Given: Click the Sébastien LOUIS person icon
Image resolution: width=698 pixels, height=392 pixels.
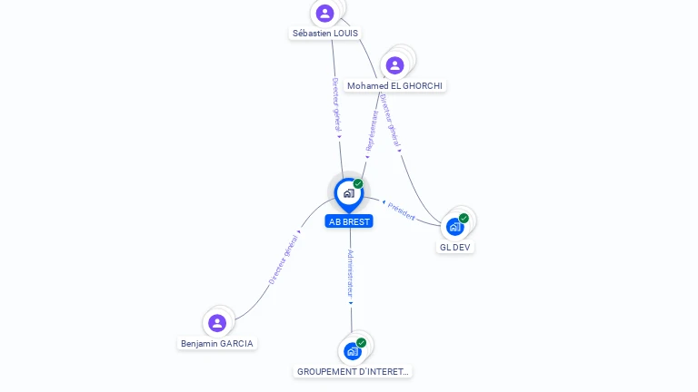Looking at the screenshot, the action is (x=325, y=14).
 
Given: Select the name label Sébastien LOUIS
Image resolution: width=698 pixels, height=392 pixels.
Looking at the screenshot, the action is (x=325, y=34).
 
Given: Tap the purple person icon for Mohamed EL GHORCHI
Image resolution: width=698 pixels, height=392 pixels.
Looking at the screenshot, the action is (x=394, y=65).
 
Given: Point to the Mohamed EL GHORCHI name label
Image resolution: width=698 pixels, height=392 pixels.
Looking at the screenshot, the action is (x=394, y=86).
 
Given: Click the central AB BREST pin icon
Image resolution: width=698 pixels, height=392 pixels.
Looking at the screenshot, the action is (x=349, y=195).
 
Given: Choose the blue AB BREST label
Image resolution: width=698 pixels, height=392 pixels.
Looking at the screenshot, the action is (x=349, y=221).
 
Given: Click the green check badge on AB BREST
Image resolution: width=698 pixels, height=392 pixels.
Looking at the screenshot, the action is (x=358, y=183).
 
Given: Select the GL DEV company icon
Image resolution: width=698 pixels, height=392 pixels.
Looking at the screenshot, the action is (x=454, y=227).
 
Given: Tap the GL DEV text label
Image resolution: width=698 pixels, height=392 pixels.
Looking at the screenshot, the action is (x=455, y=247).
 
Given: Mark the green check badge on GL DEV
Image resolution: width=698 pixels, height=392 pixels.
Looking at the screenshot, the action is (x=464, y=218).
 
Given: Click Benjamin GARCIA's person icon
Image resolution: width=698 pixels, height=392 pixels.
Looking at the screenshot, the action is (x=217, y=323).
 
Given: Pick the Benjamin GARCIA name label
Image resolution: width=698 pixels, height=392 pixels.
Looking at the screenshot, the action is (x=217, y=344).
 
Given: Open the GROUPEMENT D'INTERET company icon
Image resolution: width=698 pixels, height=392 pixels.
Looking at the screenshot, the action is (x=352, y=351).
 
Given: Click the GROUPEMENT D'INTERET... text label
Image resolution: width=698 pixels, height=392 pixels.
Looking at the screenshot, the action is (x=353, y=371).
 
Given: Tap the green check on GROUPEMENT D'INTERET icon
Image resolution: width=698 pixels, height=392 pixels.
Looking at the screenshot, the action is (x=361, y=343).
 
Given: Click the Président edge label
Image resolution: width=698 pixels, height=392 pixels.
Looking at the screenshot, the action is (x=401, y=211).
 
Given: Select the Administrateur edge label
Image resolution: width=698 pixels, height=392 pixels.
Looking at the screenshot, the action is (x=350, y=274).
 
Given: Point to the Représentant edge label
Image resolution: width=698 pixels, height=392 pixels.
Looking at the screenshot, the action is (x=371, y=131).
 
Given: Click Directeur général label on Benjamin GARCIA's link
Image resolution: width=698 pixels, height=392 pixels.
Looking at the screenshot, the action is (x=284, y=260).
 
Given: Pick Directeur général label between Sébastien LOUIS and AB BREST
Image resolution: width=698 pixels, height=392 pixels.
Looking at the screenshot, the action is (x=336, y=105).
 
